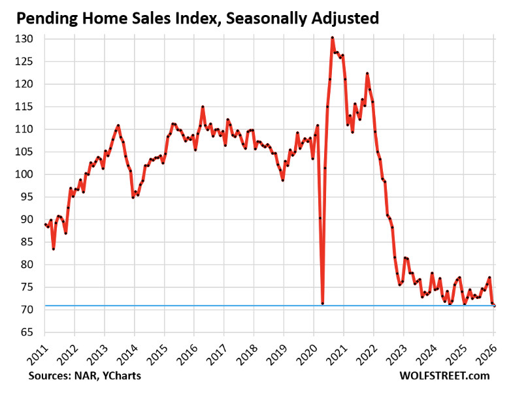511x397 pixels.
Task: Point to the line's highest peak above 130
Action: (x=333, y=38)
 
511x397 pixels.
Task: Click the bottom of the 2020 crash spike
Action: (x=323, y=303)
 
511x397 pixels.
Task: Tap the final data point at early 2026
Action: (x=495, y=305)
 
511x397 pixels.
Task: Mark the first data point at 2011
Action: (x=45, y=225)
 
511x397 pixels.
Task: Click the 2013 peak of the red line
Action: (x=118, y=125)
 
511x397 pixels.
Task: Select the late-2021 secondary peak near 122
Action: (x=367, y=73)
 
